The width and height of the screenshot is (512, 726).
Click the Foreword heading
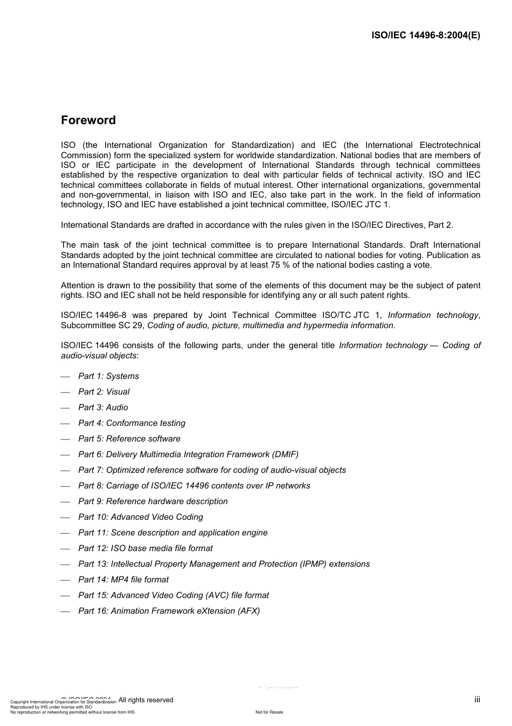click(x=88, y=120)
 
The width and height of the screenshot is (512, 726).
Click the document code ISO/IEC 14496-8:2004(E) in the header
click(x=426, y=36)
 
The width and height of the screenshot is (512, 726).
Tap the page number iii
click(x=477, y=700)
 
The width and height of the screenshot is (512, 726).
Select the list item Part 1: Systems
click(x=108, y=376)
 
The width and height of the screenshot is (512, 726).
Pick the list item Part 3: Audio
click(x=103, y=408)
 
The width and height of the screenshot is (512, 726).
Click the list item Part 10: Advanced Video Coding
click(x=141, y=517)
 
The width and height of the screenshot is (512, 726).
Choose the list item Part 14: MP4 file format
click(x=123, y=580)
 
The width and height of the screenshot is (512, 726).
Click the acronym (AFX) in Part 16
click(x=248, y=611)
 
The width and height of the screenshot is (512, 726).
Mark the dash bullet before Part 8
click(x=66, y=486)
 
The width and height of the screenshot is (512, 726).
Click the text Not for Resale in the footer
click(x=269, y=712)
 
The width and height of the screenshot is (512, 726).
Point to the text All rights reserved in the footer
click(x=146, y=700)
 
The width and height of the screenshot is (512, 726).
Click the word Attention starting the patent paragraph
click(x=78, y=286)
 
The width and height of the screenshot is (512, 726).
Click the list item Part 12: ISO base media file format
click(x=146, y=548)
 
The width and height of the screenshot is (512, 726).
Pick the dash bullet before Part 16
click(x=66, y=612)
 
